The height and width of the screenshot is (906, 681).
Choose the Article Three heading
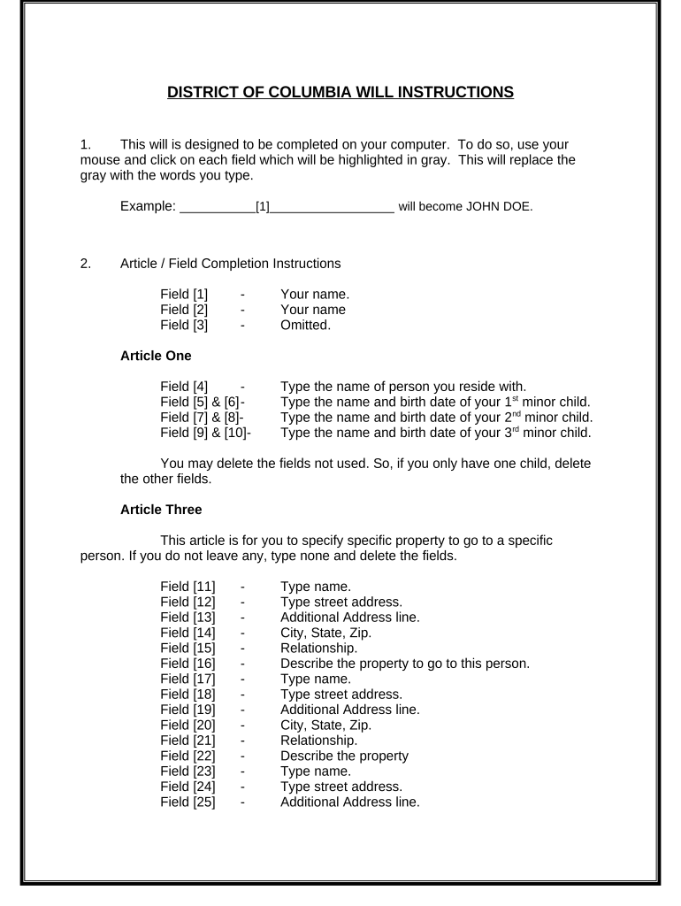[x=160, y=510]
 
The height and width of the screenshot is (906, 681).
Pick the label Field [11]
[x=187, y=586]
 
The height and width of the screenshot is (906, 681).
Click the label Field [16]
[x=187, y=664]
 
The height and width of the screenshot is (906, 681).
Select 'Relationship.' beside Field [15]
[x=319, y=648]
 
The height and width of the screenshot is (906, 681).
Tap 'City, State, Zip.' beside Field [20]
[x=325, y=726]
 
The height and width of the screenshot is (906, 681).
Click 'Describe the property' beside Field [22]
[x=344, y=756]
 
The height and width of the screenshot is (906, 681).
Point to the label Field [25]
[x=187, y=803]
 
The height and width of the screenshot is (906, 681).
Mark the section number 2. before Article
[x=85, y=264]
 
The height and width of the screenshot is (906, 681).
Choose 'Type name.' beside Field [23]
[x=315, y=772]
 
